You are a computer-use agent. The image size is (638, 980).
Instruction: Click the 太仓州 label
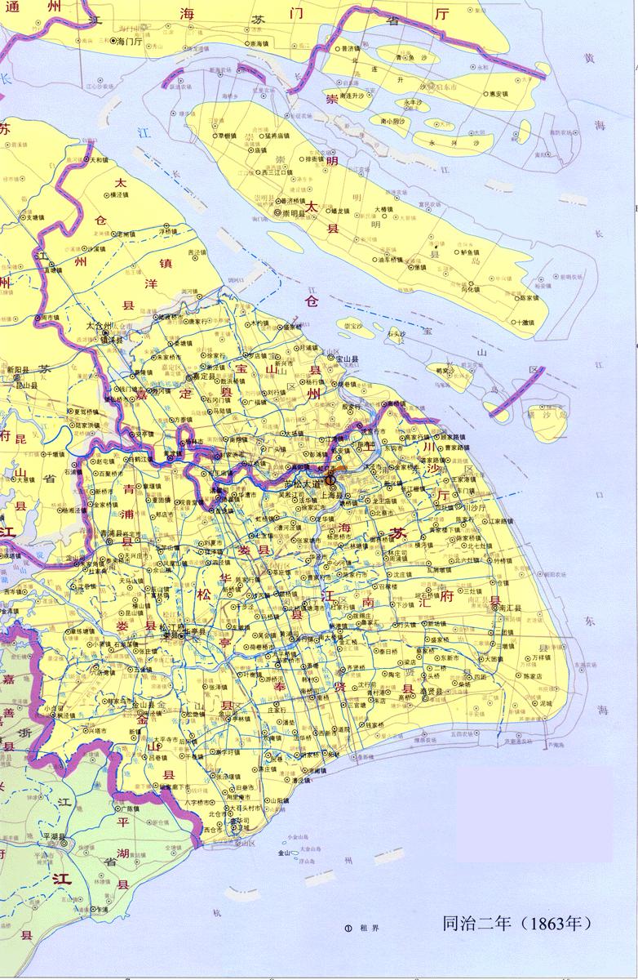point(98,325)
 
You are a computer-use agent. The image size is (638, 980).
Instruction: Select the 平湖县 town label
point(54,838)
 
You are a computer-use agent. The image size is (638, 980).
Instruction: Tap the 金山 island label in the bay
point(284,853)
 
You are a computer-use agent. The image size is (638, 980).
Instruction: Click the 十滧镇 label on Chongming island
point(521,322)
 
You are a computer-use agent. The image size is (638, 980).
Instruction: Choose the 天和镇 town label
point(97,161)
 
